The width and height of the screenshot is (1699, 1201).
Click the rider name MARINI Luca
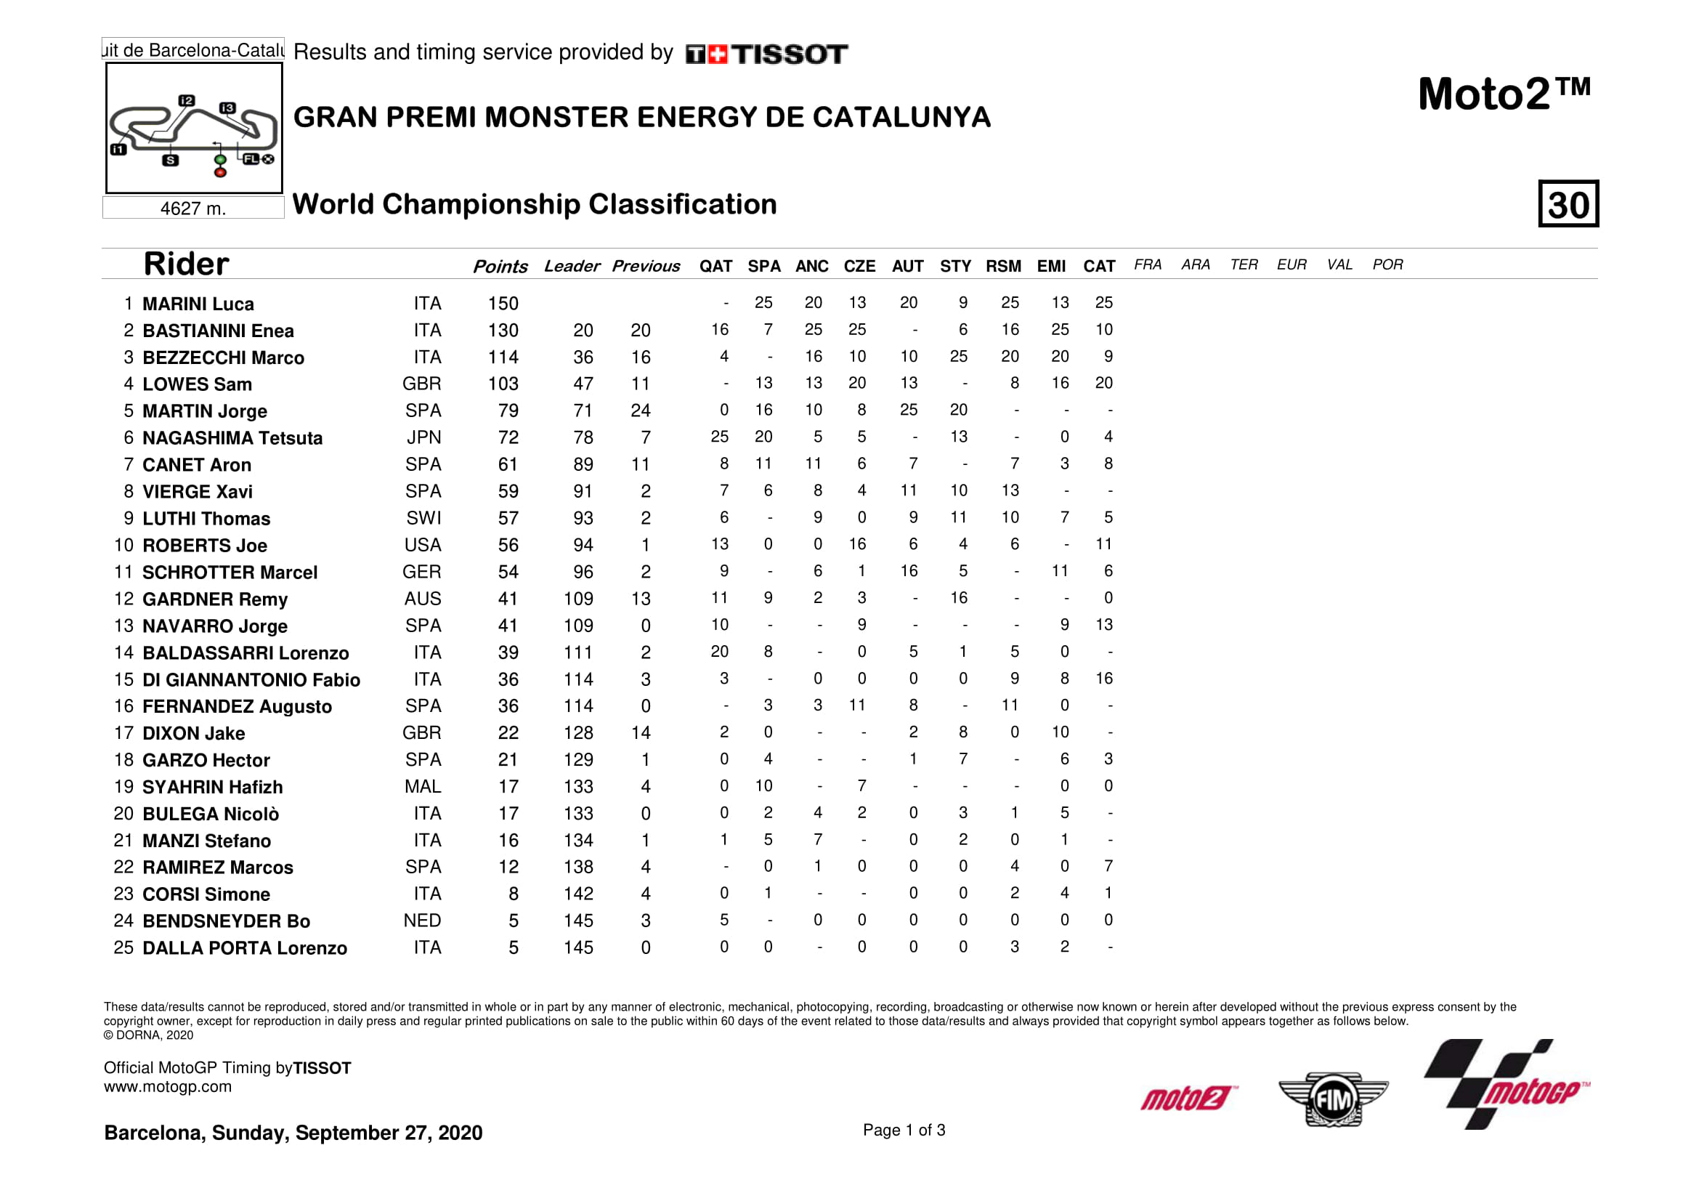tap(198, 304)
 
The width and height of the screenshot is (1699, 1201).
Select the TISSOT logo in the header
tap(766, 54)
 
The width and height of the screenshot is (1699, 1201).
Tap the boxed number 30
tap(1568, 204)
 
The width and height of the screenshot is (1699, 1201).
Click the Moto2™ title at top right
tap(1504, 94)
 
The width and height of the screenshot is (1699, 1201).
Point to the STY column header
tap(955, 267)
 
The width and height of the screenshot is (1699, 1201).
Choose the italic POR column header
tap(1387, 265)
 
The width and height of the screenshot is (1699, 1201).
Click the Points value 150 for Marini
tap(503, 304)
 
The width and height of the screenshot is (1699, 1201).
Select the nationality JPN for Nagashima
tap(423, 438)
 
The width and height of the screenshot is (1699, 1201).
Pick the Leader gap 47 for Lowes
tap(583, 384)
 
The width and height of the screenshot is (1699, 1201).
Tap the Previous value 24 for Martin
tap(641, 411)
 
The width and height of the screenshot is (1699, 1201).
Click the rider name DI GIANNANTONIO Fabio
tap(251, 680)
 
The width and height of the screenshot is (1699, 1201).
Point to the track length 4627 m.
tap(193, 209)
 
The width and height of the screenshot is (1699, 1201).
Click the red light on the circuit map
tap(220, 173)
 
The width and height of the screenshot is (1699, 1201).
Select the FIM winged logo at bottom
tap(1333, 1099)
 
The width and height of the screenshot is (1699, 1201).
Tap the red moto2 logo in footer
tap(1188, 1098)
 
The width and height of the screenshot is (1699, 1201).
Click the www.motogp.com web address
tap(167, 1087)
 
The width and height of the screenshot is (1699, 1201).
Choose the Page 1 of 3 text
tap(904, 1130)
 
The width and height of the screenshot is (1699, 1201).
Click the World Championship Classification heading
tap(535, 204)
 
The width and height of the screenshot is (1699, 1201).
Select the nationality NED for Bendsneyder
tap(422, 921)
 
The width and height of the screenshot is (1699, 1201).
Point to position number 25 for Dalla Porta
tap(123, 948)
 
